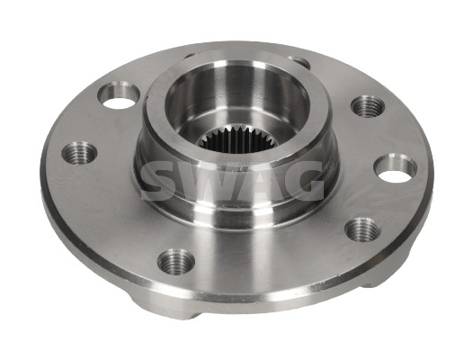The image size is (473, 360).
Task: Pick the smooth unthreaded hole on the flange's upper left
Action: pyautogui.click(x=119, y=95)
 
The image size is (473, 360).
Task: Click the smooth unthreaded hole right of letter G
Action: pyautogui.click(x=395, y=168)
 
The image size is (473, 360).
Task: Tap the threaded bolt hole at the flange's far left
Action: pyautogui.click(x=79, y=152)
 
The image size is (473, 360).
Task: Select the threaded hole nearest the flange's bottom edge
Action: pyautogui.click(x=176, y=262)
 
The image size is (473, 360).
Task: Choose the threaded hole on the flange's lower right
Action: pyautogui.click(x=362, y=229)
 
